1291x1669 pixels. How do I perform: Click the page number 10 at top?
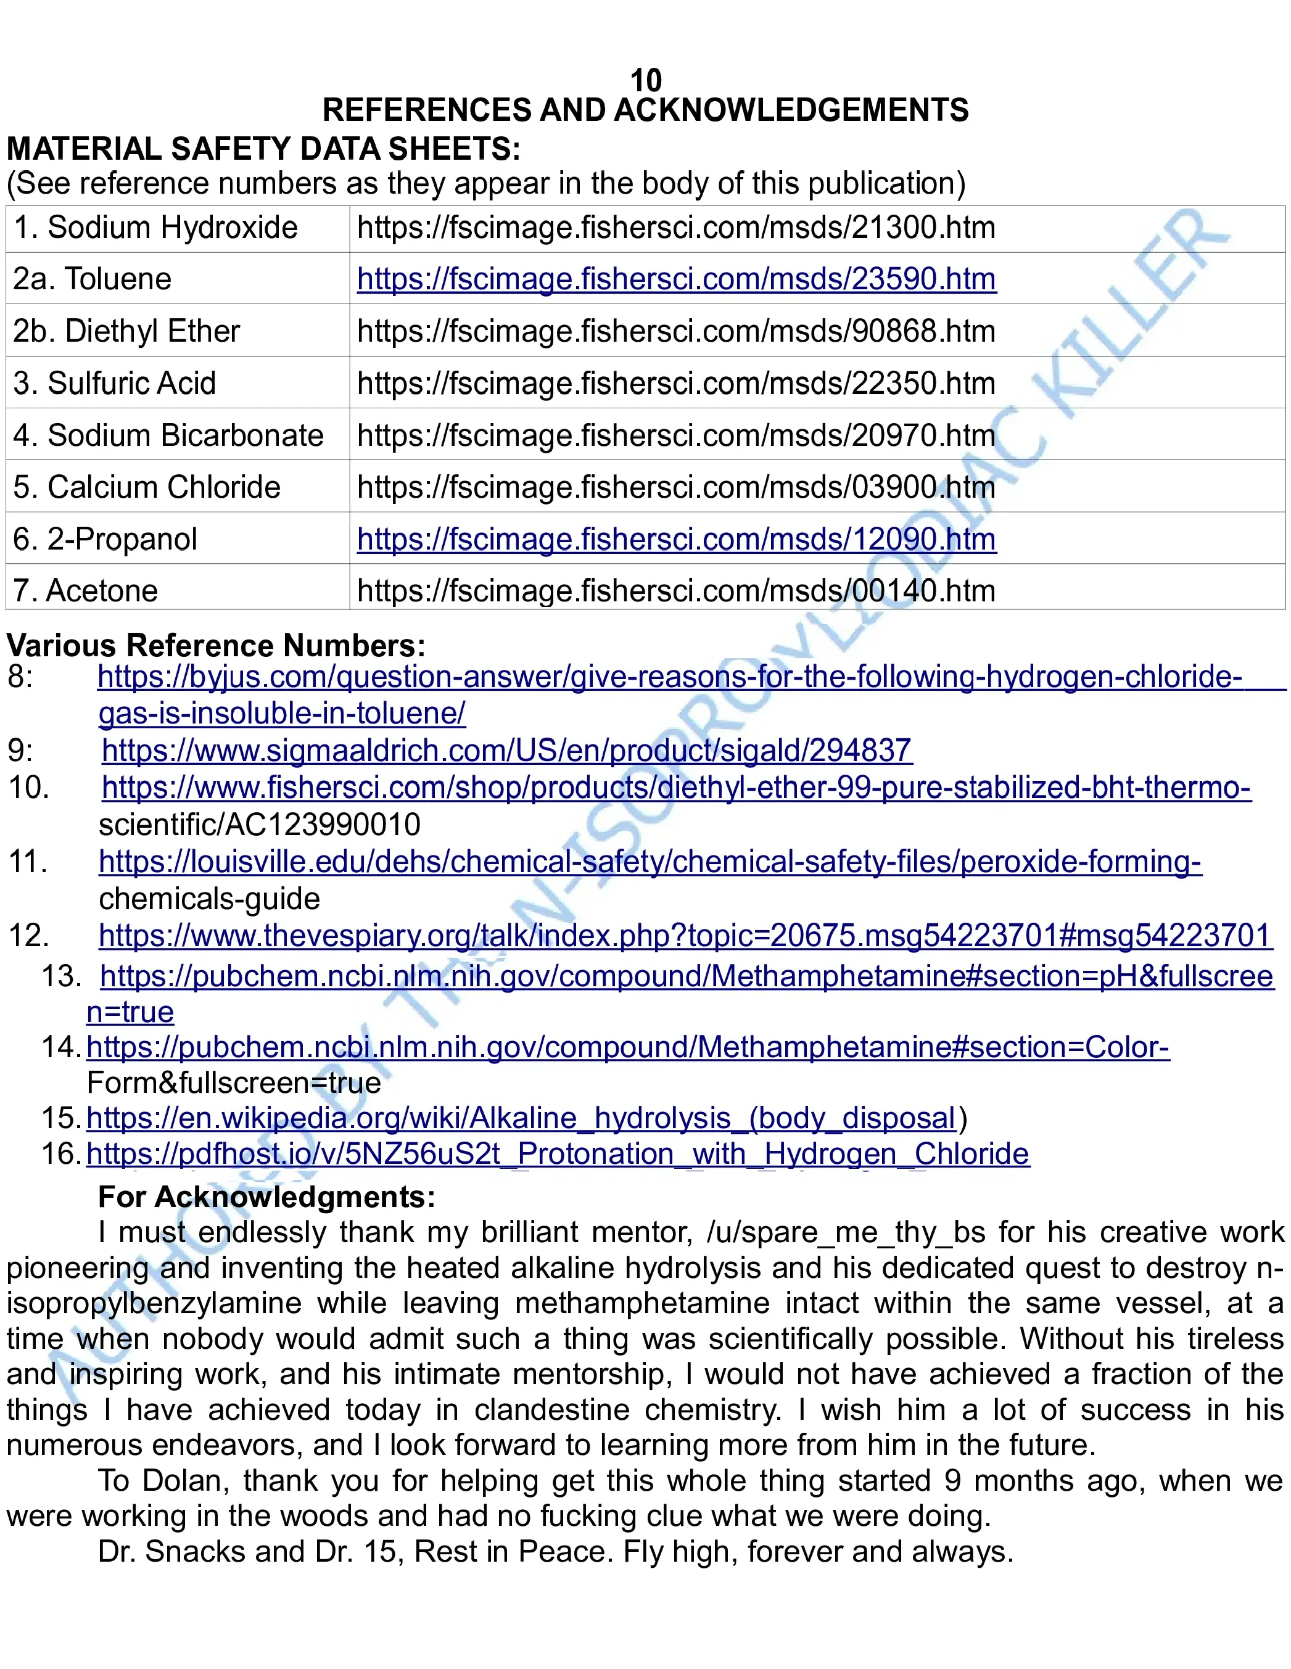(x=645, y=80)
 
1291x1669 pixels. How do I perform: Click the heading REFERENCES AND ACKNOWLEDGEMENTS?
(x=645, y=110)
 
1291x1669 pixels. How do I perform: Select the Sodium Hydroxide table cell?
(x=156, y=228)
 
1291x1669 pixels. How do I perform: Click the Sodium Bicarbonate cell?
(x=168, y=435)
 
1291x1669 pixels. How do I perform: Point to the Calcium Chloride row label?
(x=147, y=487)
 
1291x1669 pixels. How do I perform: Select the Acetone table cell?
(x=86, y=591)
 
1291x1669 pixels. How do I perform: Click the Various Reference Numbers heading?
(x=215, y=646)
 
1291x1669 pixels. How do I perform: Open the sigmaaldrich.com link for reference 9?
(x=506, y=751)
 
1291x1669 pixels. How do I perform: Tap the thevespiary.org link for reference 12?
(x=685, y=936)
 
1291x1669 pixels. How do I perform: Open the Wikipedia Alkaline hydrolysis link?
(x=521, y=1118)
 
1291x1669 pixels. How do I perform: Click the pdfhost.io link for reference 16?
(x=558, y=1154)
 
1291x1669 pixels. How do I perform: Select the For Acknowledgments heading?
(x=266, y=1197)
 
